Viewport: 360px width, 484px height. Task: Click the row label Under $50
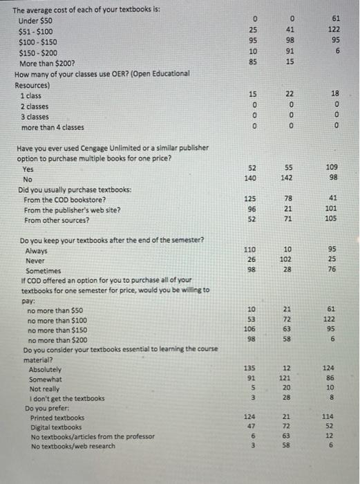pyautogui.click(x=37, y=21)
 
